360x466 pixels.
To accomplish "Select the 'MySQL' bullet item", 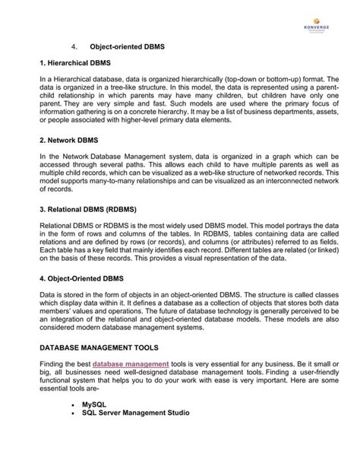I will pos(96,404).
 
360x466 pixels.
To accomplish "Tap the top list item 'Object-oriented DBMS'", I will pos(126,48).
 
